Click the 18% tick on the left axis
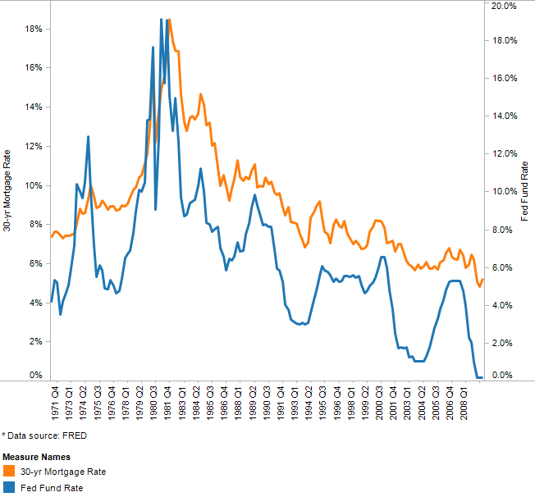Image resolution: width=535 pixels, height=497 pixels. tap(34, 29)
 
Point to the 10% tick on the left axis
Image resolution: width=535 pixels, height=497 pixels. tap(34, 185)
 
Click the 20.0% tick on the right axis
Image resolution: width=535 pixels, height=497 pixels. tap(503, 6)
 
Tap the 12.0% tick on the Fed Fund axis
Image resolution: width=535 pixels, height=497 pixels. tap(503, 154)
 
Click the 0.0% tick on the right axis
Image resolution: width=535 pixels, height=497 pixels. tap(501, 376)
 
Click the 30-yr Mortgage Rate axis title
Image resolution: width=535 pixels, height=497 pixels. tap(7, 190)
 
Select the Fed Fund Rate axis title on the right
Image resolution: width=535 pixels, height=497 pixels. tap(525, 191)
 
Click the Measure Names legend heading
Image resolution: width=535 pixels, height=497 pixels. tap(35, 456)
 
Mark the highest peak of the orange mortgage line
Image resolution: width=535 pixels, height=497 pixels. tap(169, 20)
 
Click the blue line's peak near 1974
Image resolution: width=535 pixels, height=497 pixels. tap(88, 137)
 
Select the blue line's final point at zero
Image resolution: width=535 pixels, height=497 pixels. tap(482, 377)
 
